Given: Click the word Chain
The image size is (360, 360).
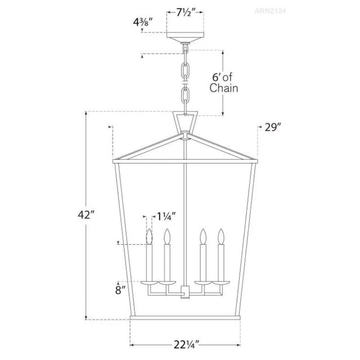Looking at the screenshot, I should coord(223,88).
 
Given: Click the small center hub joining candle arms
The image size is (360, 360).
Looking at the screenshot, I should coord(185,294).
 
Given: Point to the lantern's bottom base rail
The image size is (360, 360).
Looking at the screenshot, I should coord(185,319).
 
